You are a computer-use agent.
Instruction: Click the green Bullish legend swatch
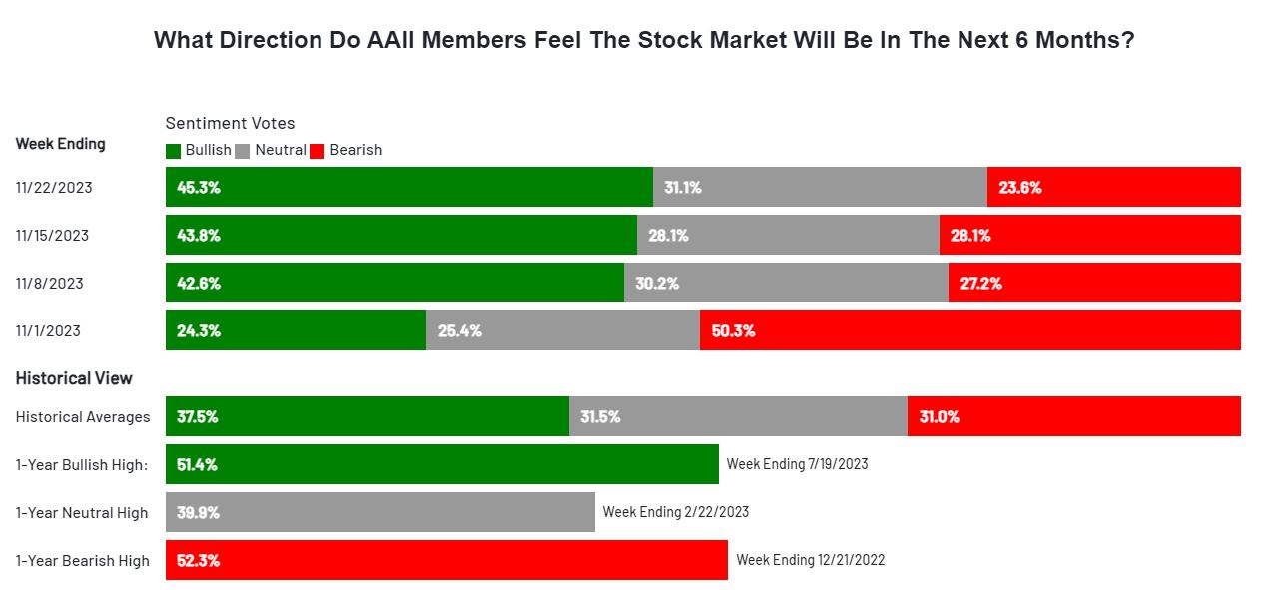tap(173, 151)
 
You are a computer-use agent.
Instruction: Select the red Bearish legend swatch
tap(318, 151)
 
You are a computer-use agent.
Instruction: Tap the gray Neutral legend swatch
tap(243, 151)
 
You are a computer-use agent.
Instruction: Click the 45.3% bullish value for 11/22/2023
tap(199, 188)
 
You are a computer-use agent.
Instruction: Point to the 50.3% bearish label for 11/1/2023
tap(733, 331)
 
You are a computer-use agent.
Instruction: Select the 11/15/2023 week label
tap(52, 236)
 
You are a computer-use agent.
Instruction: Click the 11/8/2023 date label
tap(49, 284)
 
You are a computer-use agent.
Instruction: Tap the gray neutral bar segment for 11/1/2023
tap(563, 330)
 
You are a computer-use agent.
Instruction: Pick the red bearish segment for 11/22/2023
tap(1113, 187)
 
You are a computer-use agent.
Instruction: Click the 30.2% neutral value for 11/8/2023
tap(657, 284)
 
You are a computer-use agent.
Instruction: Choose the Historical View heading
tap(74, 378)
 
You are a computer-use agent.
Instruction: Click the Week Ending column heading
tap(61, 144)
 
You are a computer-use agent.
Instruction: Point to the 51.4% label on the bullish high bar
tap(197, 465)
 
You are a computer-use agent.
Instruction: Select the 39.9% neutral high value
tap(198, 513)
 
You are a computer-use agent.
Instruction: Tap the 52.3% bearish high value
tap(199, 561)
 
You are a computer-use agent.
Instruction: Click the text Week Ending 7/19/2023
tap(797, 464)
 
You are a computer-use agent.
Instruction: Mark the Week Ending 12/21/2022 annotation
tap(811, 560)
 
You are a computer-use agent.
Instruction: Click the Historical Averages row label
tap(83, 417)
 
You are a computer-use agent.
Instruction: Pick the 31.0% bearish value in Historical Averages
tap(940, 417)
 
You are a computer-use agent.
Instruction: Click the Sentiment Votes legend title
tap(230, 123)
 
